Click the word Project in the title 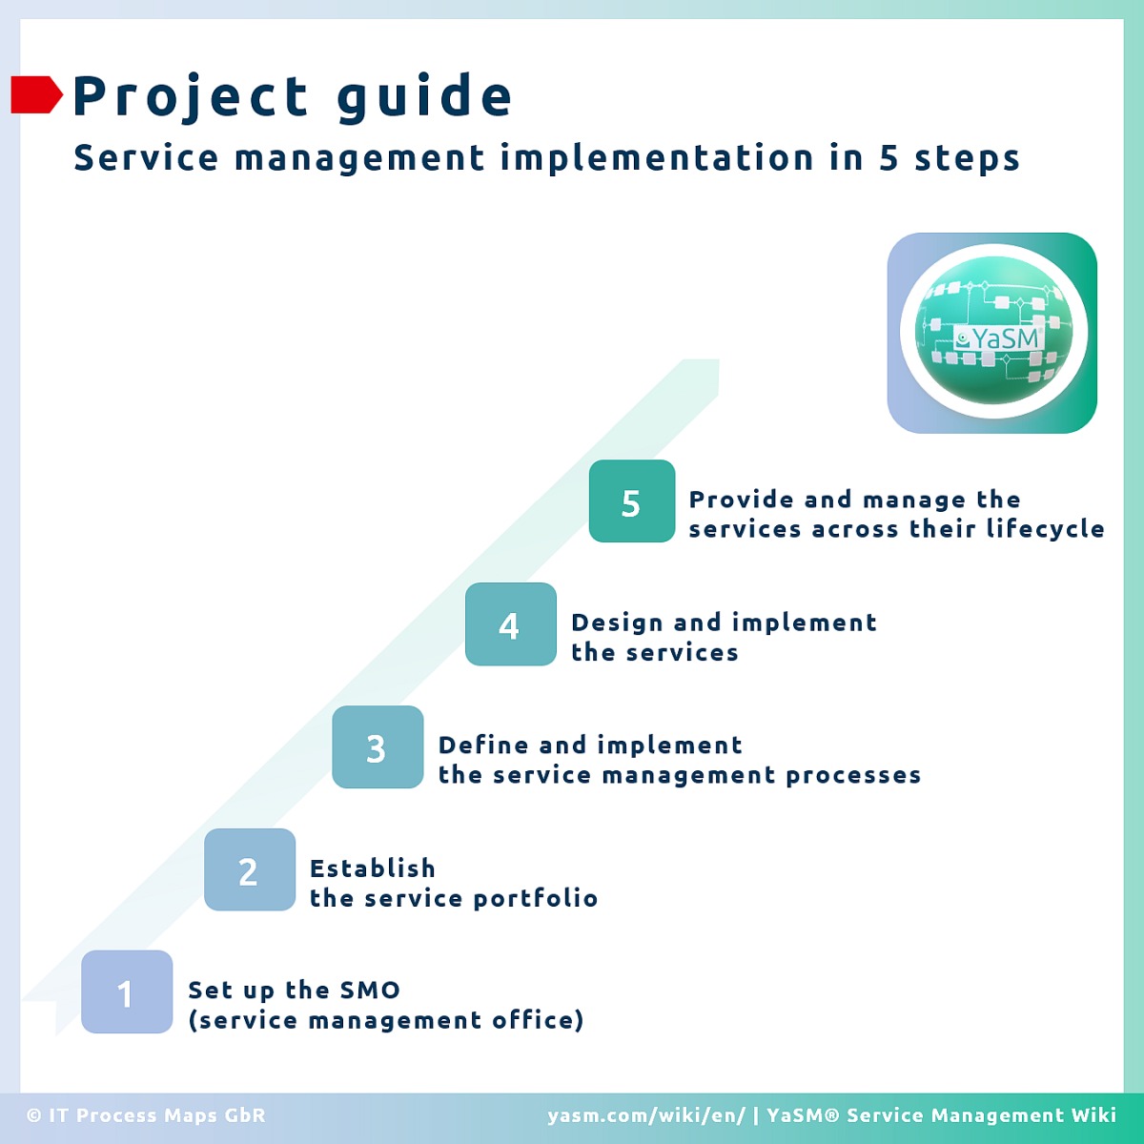coord(190,97)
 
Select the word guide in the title coord(424,97)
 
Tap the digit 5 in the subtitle coord(889,158)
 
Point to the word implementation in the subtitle coord(657,159)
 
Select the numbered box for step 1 coord(127,991)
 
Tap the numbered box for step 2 coord(250,869)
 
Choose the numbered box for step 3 coord(378,746)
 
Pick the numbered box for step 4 coord(511,623)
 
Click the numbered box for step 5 coord(632,501)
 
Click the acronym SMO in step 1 coord(370,990)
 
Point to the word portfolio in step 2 coord(535,898)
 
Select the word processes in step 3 coord(853,775)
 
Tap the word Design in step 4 coord(617,623)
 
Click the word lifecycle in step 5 coord(1045,529)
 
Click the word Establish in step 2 coord(373,868)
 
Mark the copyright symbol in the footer coord(33,1115)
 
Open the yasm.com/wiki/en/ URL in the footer coord(646,1115)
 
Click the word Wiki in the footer coord(1093,1114)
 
